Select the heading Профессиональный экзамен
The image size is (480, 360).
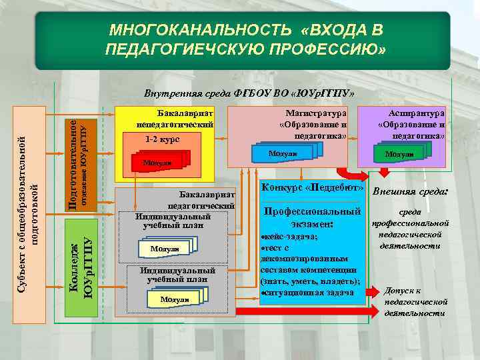313,217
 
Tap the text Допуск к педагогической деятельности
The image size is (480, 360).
414,301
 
